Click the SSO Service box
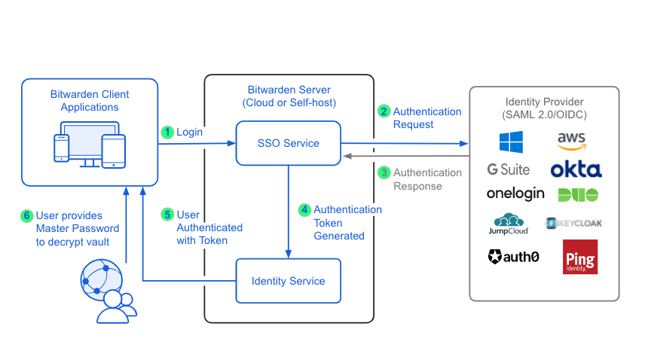click(289, 143)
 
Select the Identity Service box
click(289, 281)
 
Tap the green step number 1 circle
click(167, 132)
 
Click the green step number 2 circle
click(384, 111)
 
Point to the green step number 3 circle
click(384, 172)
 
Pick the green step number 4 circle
click(304, 209)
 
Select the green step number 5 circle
click(167, 215)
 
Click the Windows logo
click(510, 142)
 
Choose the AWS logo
click(572, 141)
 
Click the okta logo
click(576, 169)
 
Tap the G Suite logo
click(508, 169)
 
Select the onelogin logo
click(515, 194)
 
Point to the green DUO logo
click(578, 194)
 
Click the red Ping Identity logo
click(580, 257)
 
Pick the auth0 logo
click(513, 257)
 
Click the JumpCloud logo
click(510, 224)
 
